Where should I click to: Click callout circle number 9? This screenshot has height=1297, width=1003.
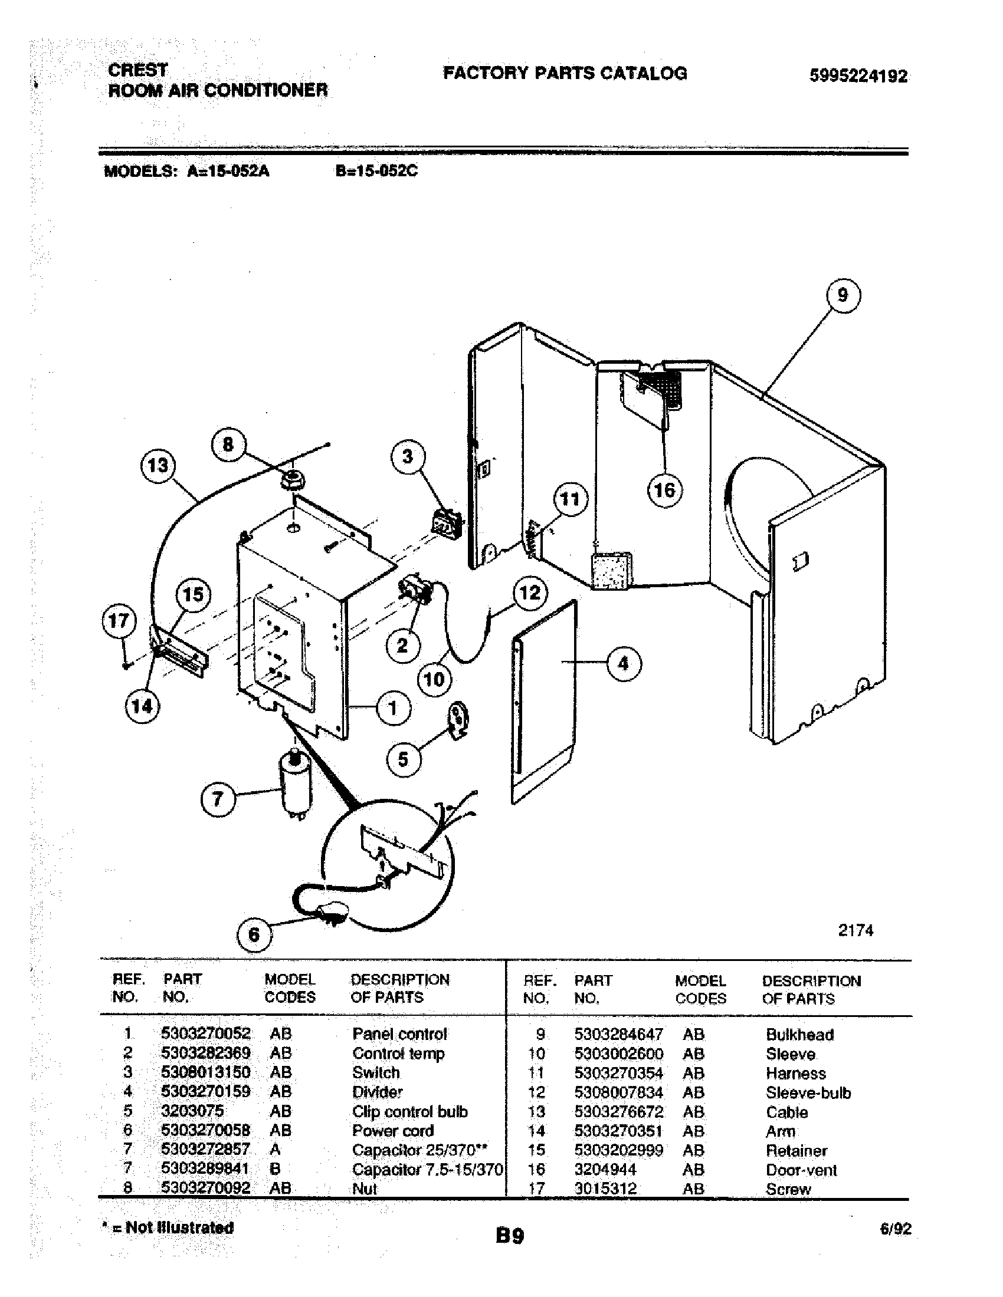pyautogui.click(x=843, y=295)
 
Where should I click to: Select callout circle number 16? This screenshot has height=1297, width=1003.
pyautogui.click(x=664, y=490)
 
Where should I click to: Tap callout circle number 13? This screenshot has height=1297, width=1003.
pyautogui.click(x=158, y=465)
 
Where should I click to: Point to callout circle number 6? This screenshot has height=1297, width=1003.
pyautogui.click(x=254, y=936)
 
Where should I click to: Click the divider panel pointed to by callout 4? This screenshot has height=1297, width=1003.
pyautogui.click(x=544, y=701)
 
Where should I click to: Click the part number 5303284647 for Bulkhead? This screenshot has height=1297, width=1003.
pyautogui.click(x=618, y=1035)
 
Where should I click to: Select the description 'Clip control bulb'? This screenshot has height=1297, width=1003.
pyautogui.click(x=409, y=1112)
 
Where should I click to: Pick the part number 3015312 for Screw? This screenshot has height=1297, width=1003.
pyautogui.click(x=605, y=1189)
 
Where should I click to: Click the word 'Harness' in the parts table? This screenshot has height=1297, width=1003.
pyautogui.click(x=795, y=1073)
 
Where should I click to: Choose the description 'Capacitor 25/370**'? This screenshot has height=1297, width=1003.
pyautogui.click(x=419, y=1150)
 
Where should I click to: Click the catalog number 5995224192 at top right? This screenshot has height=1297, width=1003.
pyautogui.click(x=858, y=76)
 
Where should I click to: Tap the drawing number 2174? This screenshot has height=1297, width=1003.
pyautogui.click(x=855, y=930)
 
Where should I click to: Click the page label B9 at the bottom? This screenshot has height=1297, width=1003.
pyautogui.click(x=510, y=1236)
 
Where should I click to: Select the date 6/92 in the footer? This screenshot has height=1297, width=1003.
pyautogui.click(x=896, y=1229)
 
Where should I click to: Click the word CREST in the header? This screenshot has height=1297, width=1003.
pyautogui.click(x=138, y=70)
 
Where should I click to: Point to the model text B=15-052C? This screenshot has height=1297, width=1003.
pyautogui.click(x=376, y=171)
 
